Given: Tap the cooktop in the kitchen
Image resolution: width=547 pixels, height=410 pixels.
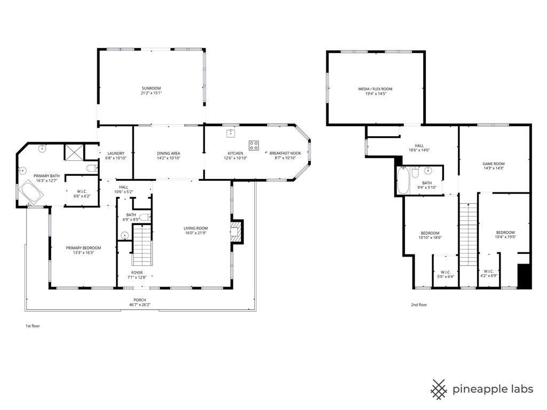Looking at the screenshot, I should (254, 145).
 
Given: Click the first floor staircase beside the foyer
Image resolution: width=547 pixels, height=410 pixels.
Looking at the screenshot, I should (142, 245).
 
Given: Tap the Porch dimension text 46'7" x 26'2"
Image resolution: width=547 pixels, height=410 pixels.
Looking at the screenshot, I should (140, 305).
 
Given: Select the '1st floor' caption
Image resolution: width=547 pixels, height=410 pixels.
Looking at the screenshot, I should (33, 326).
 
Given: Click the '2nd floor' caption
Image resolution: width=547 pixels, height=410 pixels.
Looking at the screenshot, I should (419, 305).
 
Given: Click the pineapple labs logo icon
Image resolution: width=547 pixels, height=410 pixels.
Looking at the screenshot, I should (439, 389).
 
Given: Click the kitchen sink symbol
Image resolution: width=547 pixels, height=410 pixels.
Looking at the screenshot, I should (231, 133).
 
